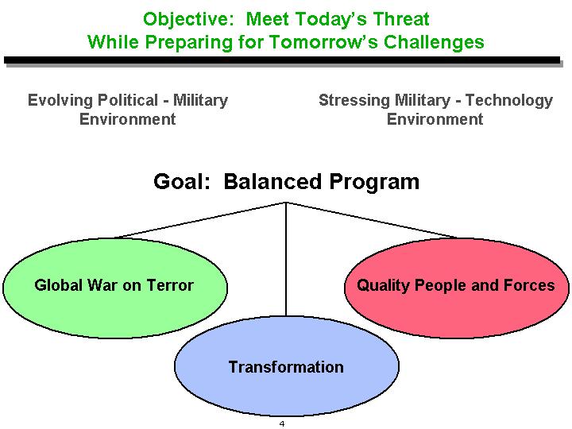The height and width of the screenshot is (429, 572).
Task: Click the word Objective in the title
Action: [x=187, y=20]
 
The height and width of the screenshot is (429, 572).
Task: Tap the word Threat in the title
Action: [x=401, y=19]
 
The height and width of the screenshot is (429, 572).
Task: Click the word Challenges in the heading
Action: [x=434, y=42]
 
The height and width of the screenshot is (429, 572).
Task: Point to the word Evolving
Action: [x=60, y=100]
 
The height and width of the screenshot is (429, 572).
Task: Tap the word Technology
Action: [x=509, y=100]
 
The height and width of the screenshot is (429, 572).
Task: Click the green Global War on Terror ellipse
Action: [x=115, y=288]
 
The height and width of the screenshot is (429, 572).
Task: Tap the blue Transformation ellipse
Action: [x=287, y=366]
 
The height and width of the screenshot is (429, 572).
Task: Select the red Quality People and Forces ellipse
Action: [x=456, y=288]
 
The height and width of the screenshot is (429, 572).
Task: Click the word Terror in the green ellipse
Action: [x=170, y=285]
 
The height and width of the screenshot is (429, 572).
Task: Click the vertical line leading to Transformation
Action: [x=286, y=259]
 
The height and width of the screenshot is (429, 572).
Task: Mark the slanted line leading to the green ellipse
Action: [x=200, y=220]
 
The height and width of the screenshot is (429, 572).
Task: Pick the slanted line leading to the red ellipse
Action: [x=371, y=220]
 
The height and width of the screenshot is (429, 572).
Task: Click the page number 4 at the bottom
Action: [x=281, y=424]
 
